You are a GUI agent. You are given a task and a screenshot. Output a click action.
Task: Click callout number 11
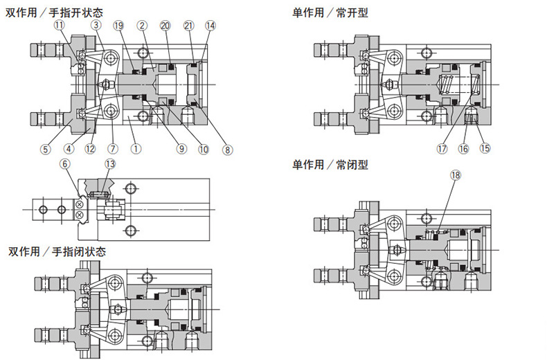[59, 26]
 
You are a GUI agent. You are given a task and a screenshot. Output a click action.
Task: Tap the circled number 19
[118, 26]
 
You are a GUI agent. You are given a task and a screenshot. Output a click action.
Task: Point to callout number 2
[142, 26]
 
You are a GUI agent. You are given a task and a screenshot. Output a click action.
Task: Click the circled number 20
[164, 26]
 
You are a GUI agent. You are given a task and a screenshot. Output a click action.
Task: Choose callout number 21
[188, 26]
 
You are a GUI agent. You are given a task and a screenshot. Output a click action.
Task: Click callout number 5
[45, 147]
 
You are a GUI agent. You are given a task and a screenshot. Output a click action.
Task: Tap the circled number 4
[69, 147]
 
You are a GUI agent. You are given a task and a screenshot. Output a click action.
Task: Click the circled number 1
[136, 147]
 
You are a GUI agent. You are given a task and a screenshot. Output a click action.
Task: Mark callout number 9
[181, 147]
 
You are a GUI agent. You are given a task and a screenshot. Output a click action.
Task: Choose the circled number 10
[204, 147]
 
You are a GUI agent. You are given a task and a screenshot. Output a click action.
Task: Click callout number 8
[228, 147]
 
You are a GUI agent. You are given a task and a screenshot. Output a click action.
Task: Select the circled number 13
[110, 164]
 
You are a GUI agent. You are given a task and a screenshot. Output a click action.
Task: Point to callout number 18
[455, 175]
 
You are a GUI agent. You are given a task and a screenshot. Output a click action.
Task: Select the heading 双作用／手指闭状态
[57, 251]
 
